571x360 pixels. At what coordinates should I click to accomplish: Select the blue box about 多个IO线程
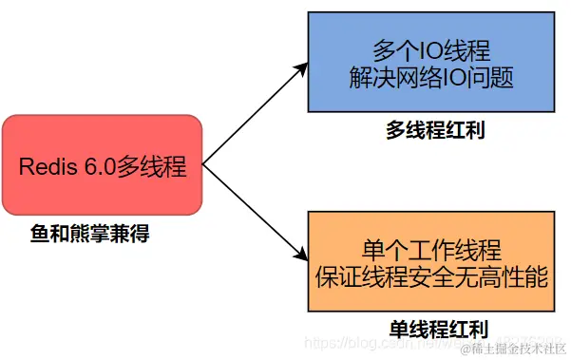(x=429, y=64)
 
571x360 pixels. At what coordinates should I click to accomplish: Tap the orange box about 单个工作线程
(x=429, y=262)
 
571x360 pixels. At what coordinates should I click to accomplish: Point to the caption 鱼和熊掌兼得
(x=89, y=232)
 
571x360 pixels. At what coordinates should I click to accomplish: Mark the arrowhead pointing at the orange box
(x=301, y=256)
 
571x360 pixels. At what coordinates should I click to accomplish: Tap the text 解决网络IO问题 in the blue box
(x=430, y=78)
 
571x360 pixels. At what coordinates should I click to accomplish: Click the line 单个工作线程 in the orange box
(x=430, y=250)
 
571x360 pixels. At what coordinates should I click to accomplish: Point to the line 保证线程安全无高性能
(x=430, y=276)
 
